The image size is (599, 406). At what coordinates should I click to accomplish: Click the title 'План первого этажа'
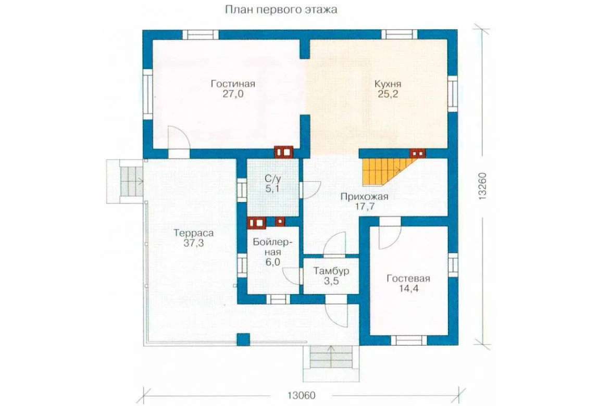[x=281, y=9]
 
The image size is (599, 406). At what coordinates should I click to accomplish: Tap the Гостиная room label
[x=233, y=84]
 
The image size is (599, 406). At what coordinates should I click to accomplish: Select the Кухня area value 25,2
[x=388, y=94]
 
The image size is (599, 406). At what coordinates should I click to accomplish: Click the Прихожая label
[x=364, y=197]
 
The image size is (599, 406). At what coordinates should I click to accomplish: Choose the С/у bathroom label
[x=273, y=178]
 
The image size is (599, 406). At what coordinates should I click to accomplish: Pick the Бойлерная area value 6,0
[x=273, y=262]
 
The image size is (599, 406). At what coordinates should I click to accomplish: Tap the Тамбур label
[x=331, y=271]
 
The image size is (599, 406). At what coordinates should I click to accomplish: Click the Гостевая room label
[x=408, y=279]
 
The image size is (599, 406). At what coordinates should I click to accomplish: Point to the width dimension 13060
[x=302, y=395]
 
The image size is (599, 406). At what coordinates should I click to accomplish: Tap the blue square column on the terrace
[x=243, y=339]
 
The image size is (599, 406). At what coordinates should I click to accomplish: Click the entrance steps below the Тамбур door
[x=331, y=357]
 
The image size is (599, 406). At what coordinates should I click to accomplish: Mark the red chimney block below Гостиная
[x=283, y=152]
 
